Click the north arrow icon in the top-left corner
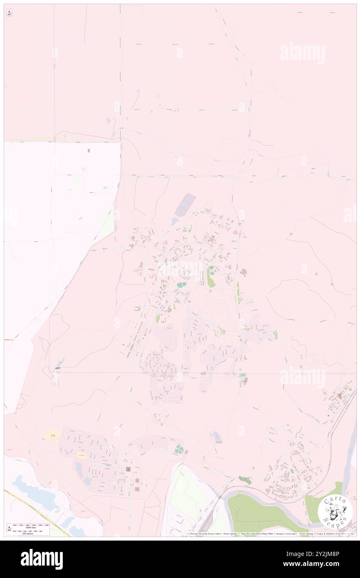[9, 13]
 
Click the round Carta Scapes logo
[335, 511]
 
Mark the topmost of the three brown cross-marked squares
[128, 469]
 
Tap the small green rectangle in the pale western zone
[89, 151]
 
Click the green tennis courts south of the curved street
[179, 449]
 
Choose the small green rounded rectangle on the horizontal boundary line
[242, 375]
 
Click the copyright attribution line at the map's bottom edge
[270, 534]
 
